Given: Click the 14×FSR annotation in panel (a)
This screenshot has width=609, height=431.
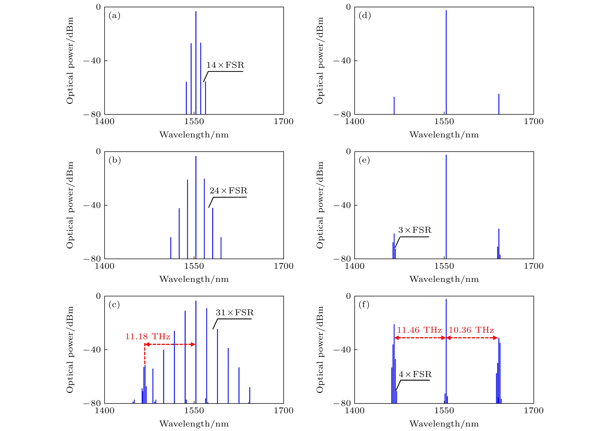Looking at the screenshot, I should tap(225, 65).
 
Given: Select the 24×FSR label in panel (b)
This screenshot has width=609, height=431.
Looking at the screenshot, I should tap(228, 191).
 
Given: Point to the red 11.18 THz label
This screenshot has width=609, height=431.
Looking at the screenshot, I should tap(148, 337).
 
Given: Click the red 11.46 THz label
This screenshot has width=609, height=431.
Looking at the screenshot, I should tap(419, 330).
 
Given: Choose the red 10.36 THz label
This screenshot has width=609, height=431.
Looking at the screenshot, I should tap(471, 330).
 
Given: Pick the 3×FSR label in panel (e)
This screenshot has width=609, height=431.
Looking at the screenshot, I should tap(415, 230).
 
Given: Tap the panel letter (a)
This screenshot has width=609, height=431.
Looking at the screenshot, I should tap(114, 16).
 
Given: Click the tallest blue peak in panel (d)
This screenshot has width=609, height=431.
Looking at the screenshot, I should tap(446, 61).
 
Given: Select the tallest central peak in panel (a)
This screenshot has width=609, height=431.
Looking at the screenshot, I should tap(196, 61).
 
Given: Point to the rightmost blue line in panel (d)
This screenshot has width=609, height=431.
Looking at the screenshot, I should tap(499, 104).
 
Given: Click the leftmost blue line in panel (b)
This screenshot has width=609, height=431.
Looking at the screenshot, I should tap(171, 248).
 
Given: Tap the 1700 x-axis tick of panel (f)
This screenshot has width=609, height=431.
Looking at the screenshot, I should tap(533, 411).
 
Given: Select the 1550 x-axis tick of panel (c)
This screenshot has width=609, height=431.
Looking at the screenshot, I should tap(194, 411).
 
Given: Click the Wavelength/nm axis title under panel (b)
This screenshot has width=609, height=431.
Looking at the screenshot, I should tap(194, 279).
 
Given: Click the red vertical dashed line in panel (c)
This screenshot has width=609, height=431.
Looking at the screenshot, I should tap(145, 355).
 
